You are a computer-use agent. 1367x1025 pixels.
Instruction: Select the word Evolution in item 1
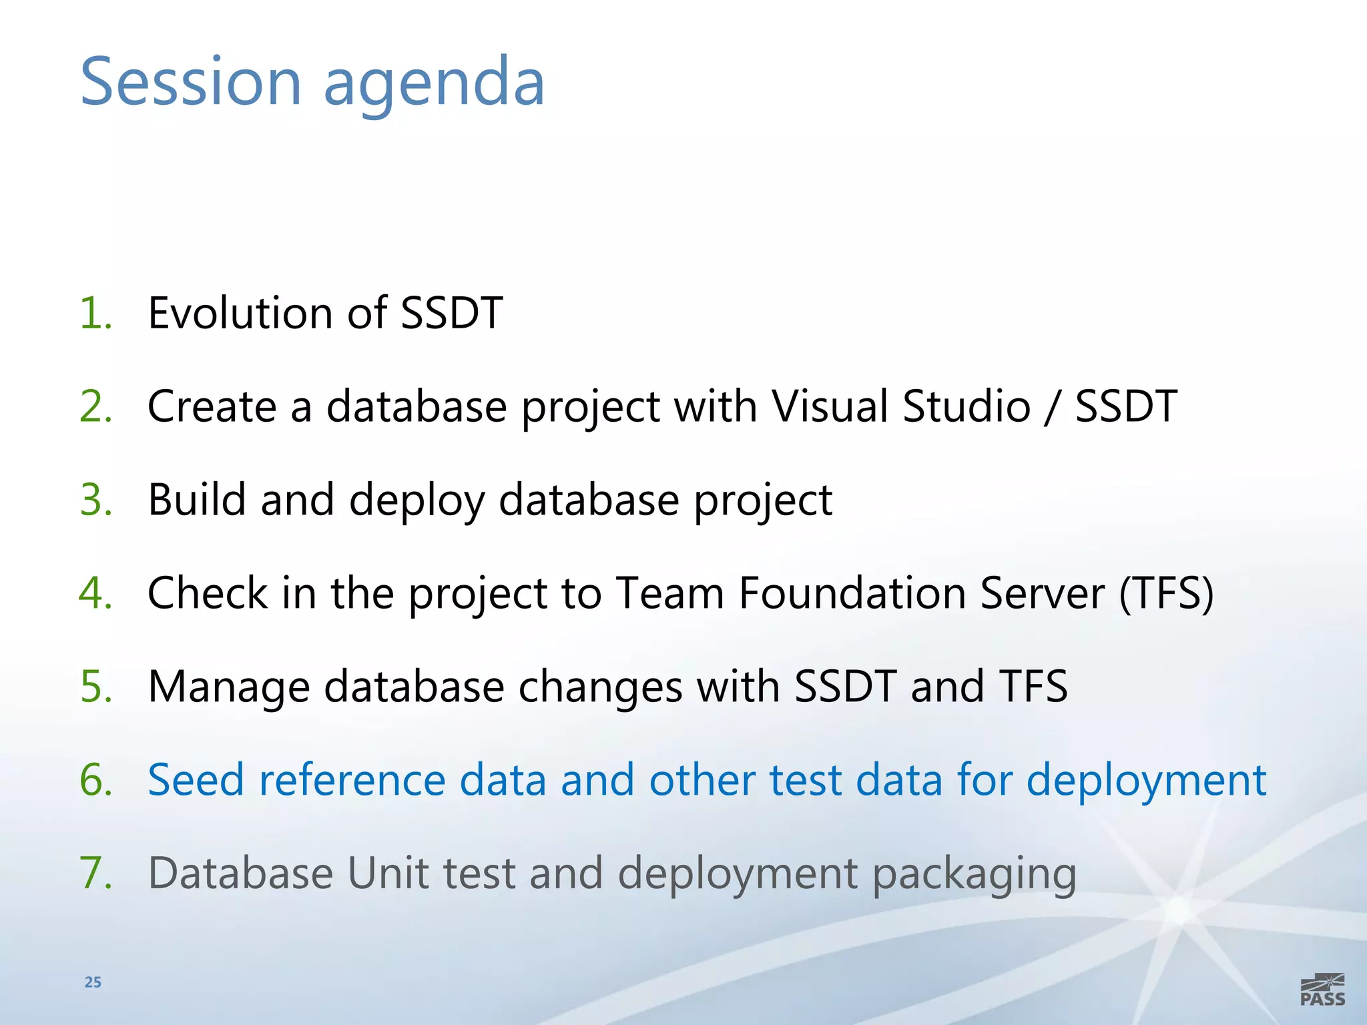point(240,312)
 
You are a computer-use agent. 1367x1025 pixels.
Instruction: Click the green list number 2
point(95,406)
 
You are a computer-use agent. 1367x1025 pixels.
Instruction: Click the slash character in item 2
point(1053,407)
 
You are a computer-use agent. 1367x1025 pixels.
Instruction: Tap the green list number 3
point(95,499)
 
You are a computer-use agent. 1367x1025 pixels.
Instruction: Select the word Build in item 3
point(197,499)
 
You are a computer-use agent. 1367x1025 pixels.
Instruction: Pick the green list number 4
point(95,593)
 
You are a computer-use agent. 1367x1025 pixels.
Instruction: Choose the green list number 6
point(95,779)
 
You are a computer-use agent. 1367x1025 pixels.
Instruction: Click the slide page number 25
point(93,982)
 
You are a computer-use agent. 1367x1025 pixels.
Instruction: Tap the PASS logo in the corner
point(1322,990)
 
